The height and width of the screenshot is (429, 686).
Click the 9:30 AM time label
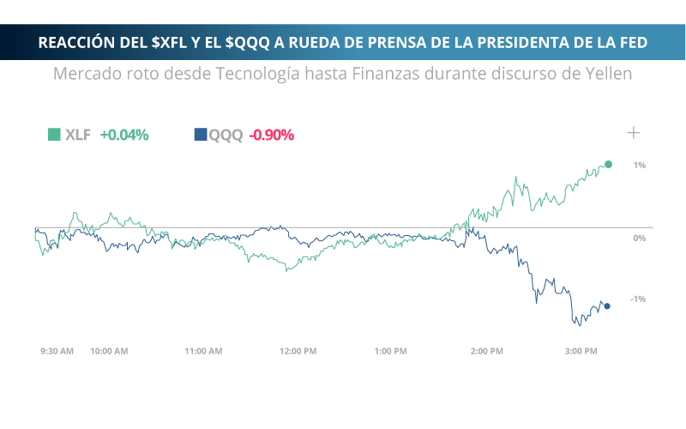[x=57, y=351]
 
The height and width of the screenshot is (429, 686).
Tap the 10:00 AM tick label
[x=109, y=351]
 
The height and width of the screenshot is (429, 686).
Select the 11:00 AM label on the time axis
[x=203, y=351]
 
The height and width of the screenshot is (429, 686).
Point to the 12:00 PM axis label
[x=298, y=351]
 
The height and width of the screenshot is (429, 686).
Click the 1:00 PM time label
[x=391, y=351]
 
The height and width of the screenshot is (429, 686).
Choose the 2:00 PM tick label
[x=486, y=351]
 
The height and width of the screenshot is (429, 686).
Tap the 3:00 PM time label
[x=581, y=351]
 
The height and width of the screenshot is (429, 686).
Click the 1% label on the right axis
[x=640, y=165]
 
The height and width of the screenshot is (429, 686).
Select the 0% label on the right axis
[x=639, y=238]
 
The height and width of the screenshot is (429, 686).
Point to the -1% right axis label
[x=638, y=299]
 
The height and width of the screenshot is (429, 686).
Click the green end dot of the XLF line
[x=609, y=164]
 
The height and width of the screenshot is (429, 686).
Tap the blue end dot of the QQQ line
[x=607, y=306]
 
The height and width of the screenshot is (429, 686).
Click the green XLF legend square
[x=54, y=134]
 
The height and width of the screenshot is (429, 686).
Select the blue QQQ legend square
[x=201, y=134]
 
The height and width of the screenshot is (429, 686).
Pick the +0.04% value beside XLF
[x=124, y=135]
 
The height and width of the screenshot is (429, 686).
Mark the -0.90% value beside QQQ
[x=272, y=135]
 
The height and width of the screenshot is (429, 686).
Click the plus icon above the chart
[x=634, y=132]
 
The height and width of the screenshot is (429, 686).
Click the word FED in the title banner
[x=631, y=42]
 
